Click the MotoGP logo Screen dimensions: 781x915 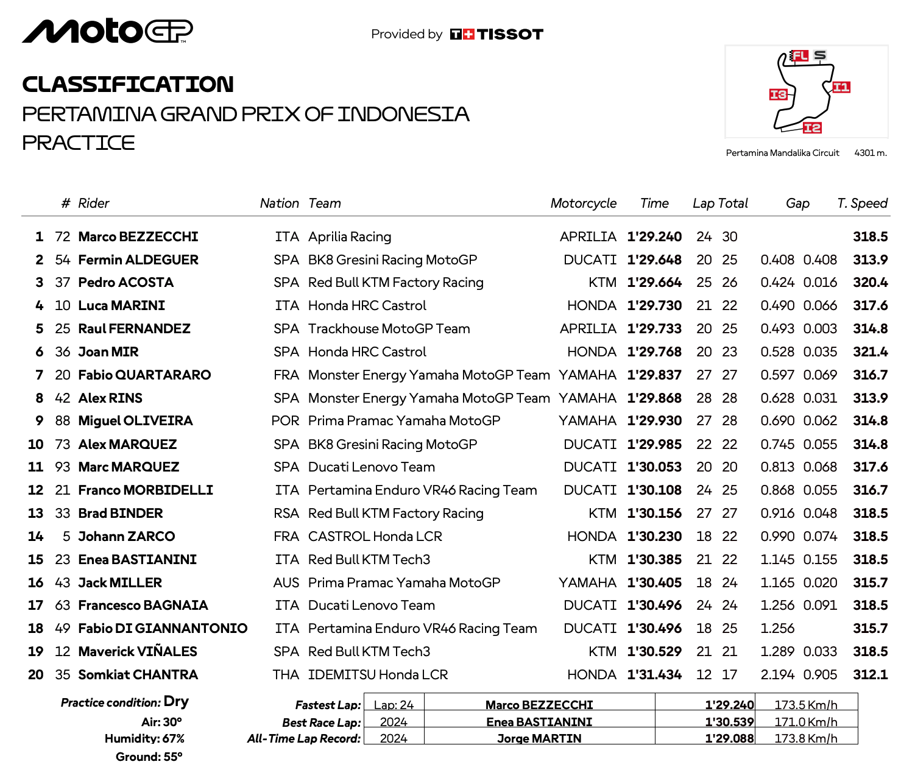107,32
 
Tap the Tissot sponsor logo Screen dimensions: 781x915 496,34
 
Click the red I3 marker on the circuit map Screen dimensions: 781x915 778,94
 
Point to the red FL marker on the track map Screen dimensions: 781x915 799,56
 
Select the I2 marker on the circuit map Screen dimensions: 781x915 812,127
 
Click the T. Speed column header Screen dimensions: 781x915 862,203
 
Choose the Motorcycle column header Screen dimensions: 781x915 583,203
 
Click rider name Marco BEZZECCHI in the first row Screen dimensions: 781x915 138,237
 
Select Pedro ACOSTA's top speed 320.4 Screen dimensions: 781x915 870,283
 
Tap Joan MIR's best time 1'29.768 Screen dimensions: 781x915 654,352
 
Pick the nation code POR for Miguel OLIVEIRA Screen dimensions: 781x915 285,421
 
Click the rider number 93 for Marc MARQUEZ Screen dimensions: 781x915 63,467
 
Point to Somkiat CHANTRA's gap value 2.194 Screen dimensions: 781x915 777,675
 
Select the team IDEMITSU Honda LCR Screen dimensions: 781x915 378,675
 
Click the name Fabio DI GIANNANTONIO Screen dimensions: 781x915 163,629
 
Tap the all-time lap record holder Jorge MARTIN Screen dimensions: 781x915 539,738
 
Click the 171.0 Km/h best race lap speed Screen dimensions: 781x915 805,722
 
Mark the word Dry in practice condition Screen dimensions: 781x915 176,702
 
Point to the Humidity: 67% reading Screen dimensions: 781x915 144,739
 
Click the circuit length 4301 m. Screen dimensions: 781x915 870,153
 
